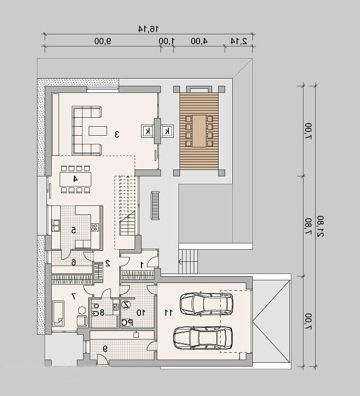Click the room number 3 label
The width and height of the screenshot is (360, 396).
tap(117, 134)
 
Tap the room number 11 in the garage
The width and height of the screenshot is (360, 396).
tap(168, 313)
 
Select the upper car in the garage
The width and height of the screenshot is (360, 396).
tap(206, 304)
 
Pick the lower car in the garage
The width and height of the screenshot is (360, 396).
tap(203, 338)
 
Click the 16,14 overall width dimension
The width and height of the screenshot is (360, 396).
tap(149, 29)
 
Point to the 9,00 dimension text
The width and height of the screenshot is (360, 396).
tap(103, 41)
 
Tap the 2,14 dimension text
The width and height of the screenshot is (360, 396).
tap(239, 41)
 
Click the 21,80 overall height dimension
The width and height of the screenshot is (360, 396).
tap(320, 226)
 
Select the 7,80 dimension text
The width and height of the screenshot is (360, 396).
tap(309, 226)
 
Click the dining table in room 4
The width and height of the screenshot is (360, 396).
tap(75, 179)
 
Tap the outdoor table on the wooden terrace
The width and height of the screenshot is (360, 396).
tap(199, 131)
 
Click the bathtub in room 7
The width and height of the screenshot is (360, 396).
tap(59, 314)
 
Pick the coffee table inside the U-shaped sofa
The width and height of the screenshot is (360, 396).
tap(98, 131)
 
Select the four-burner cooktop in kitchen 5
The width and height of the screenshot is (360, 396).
tap(94, 227)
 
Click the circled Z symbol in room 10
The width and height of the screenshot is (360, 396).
tap(126, 305)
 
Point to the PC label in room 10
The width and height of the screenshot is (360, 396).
tap(127, 323)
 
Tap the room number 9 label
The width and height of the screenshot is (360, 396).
tap(105, 349)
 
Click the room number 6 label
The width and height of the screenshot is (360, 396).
tap(73, 262)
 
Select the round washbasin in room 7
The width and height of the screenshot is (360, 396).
tap(82, 310)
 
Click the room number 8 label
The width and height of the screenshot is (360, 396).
tap(102, 313)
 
